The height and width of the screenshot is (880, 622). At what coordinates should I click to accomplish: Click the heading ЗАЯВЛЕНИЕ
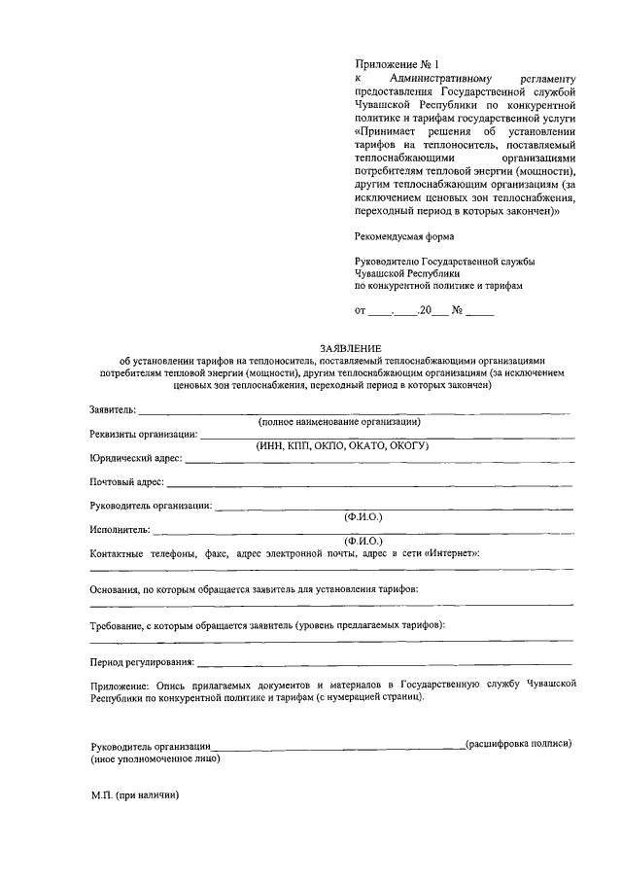352,348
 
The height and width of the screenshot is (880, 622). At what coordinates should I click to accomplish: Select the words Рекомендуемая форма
403,236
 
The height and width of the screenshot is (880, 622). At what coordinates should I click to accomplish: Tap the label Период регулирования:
142,663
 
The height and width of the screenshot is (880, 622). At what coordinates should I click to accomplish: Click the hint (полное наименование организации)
338,422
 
